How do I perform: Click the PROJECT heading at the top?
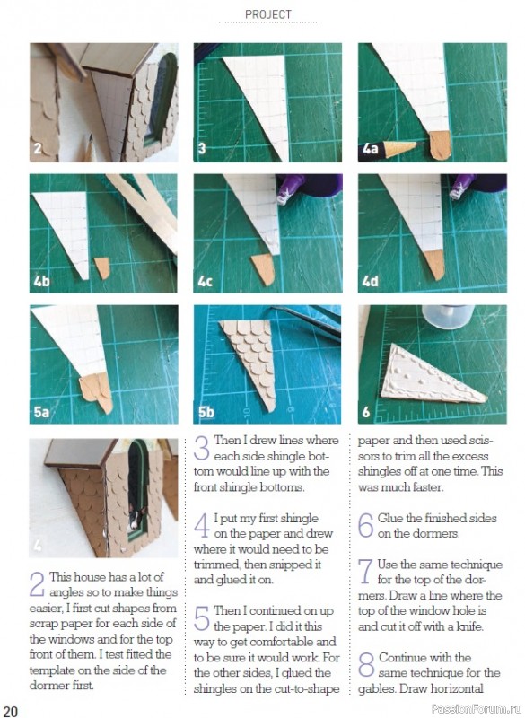(x=267, y=14)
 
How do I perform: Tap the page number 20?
(x=10, y=710)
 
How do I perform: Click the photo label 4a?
(x=370, y=149)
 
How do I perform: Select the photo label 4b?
(x=41, y=281)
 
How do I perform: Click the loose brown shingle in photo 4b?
(x=102, y=267)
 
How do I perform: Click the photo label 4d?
(x=371, y=281)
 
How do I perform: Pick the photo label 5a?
(x=41, y=412)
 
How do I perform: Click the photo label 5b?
(x=206, y=412)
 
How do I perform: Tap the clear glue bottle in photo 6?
(x=447, y=317)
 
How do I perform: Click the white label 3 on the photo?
(x=202, y=148)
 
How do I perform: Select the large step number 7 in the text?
(x=366, y=572)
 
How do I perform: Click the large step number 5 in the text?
(x=202, y=617)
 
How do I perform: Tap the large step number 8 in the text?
(x=366, y=665)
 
